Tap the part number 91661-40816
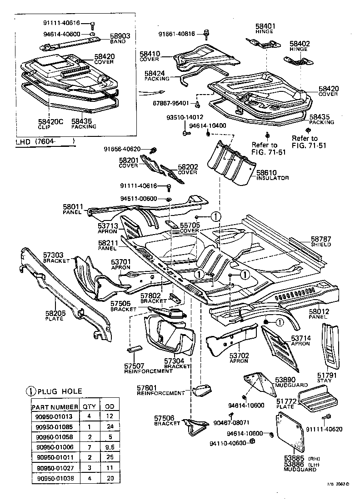click(x=177, y=34)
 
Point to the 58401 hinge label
click(x=266, y=27)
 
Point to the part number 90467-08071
click(x=231, y=423)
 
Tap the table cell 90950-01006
click(x=55, y=447)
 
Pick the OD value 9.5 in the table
click(x=109, y=447)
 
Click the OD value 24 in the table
click(x=109, y=427)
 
